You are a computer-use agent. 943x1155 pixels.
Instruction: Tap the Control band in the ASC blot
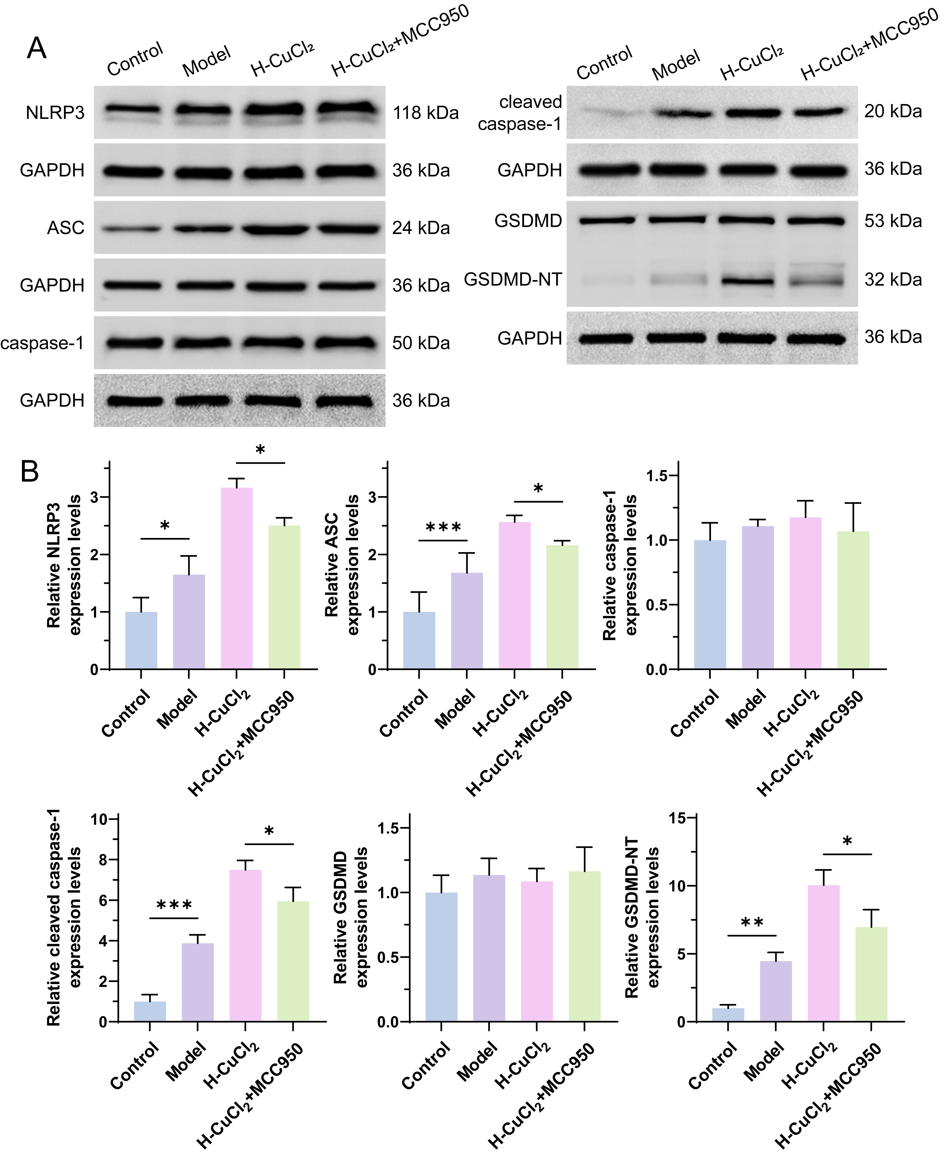133,229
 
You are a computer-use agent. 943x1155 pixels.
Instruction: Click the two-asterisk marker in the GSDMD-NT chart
752,923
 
